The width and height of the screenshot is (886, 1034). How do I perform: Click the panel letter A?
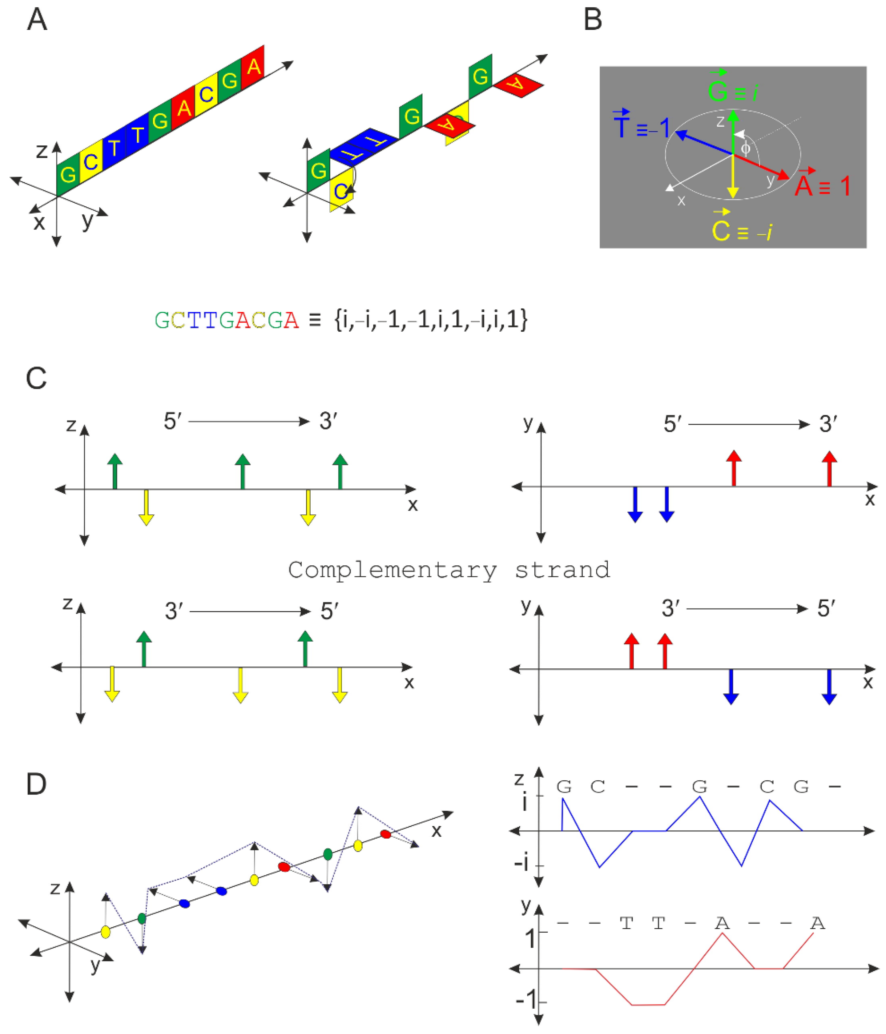[37, 20]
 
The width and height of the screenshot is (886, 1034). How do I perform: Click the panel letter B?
[592, 20]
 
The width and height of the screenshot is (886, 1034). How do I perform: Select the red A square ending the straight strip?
[253, 66]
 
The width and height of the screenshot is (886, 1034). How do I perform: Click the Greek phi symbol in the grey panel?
[745, 148]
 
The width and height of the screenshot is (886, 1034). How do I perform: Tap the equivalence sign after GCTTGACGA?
[315, 320]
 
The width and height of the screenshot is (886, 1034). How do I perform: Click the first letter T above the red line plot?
[627, 924]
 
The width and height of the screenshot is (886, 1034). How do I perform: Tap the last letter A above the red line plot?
[817, 924]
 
